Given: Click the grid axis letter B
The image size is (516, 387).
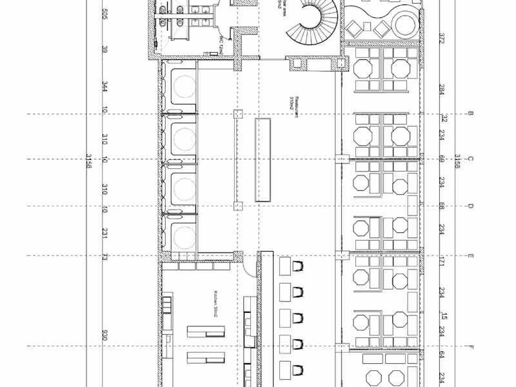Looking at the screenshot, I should [471, 114].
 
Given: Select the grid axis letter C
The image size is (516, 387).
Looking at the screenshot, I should [471, 159].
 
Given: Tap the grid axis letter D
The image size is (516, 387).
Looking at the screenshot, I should [471, 206].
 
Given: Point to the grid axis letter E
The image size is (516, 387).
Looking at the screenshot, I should [471, 256].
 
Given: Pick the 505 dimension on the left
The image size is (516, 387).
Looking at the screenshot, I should [104, 14].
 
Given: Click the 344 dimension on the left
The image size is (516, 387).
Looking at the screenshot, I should [104, 87].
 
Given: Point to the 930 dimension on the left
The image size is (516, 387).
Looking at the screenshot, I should [104, 336].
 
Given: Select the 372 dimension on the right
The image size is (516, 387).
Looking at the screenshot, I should [442, 39].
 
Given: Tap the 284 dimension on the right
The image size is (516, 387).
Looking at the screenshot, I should [442, 90].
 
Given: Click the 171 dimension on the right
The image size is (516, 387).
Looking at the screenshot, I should [442, 262].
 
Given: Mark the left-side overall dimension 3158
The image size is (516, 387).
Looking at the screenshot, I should [88, 161].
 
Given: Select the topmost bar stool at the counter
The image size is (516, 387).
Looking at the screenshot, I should [297, 266].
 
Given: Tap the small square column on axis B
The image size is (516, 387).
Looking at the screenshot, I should [238, 114].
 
